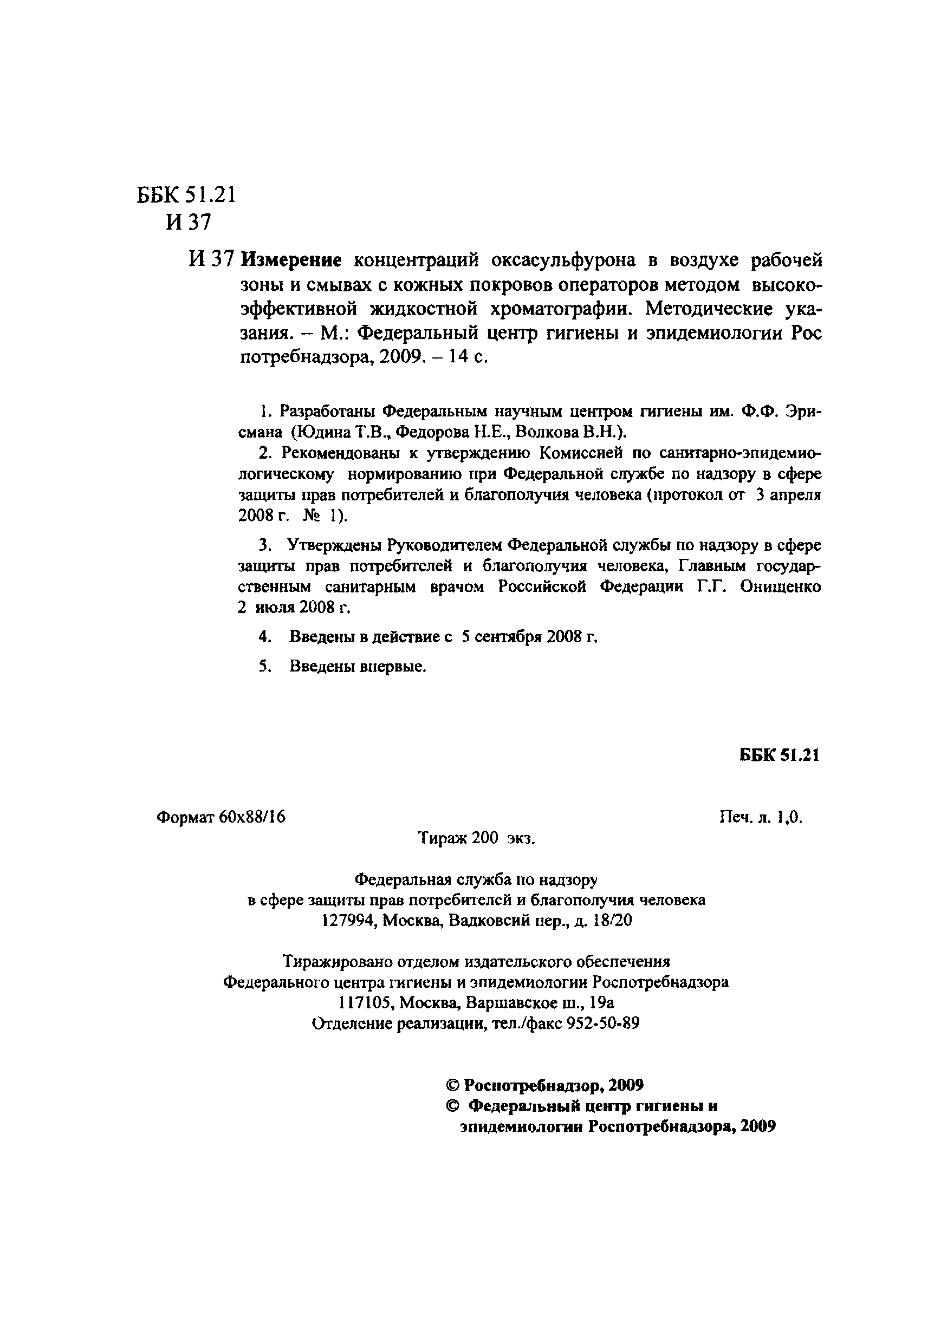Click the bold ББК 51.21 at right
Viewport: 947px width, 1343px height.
780,755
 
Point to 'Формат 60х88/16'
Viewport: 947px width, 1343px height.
221,817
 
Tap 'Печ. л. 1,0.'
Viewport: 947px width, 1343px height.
760,817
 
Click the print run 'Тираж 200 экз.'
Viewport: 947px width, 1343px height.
476,838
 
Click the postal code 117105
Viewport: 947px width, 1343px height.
364,1003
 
